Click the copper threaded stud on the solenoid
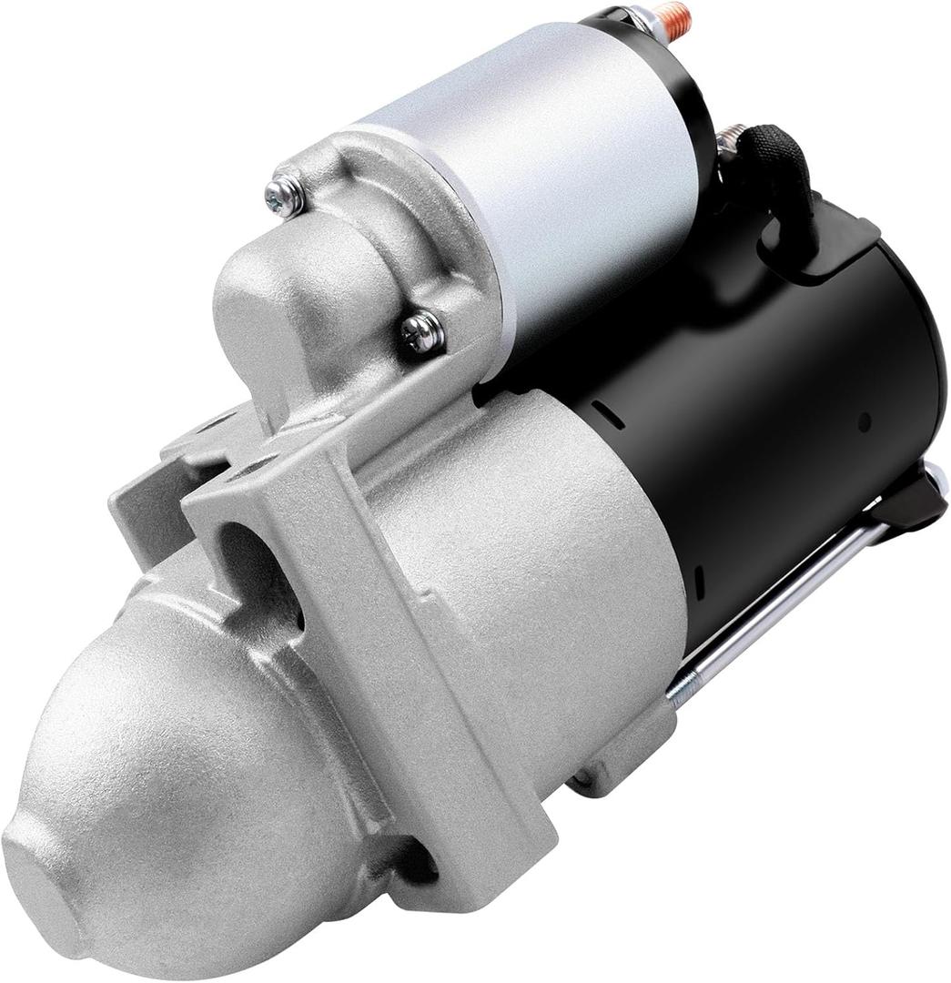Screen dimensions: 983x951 [675, 19]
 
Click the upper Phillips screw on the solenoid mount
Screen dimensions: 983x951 [285, 196]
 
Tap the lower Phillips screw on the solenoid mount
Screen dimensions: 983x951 [422, 332]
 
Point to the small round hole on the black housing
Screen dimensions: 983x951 [864, 421]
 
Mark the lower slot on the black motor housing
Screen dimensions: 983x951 [698, 582]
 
